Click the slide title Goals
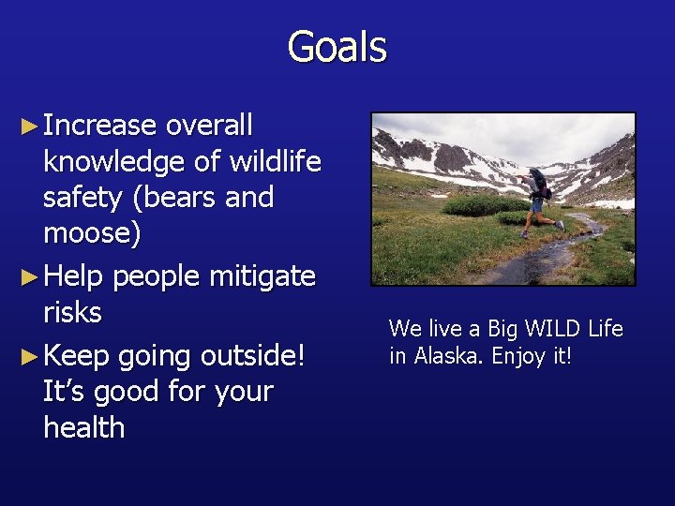click(337, 47)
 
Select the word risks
click(72, 312)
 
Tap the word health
click(83, 427)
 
